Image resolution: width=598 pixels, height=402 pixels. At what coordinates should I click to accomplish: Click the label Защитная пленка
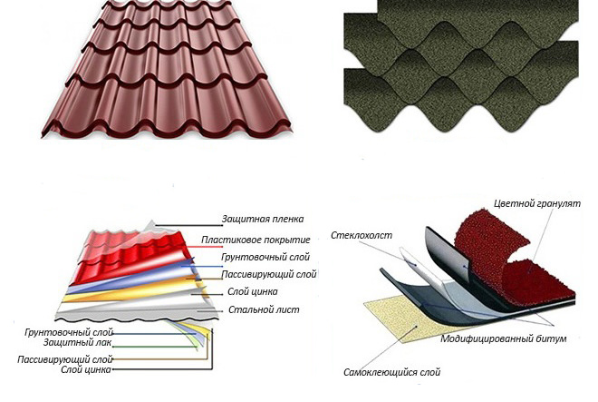(x=263, y=219)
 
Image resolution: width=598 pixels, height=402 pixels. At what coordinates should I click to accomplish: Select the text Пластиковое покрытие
(x=256, y=240)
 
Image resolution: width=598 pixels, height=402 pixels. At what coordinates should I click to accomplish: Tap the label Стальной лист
(x=264, y=309)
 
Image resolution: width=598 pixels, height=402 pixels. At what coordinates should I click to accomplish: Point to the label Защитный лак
(x=77, y=342)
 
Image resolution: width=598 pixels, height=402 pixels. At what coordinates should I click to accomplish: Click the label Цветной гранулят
(x=537, y=203)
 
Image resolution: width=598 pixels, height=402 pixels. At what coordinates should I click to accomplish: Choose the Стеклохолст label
(x=362, y=235)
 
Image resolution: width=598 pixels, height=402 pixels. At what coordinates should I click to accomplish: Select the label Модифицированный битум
(x=504, y=338)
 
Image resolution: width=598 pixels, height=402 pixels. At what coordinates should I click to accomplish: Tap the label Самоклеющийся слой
(x=392, y=372)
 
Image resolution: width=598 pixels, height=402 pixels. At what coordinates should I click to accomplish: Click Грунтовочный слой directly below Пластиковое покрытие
(x=265, y=257)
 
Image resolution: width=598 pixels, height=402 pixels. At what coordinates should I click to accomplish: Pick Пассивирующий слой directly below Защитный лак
(x=65, y=359)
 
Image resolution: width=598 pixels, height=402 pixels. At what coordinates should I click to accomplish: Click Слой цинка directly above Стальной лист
(x=253, y=292)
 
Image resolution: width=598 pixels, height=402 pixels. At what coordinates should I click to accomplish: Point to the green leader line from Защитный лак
(x=155, y=347)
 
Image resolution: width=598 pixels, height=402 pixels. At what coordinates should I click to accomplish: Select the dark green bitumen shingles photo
(x=461, y=65)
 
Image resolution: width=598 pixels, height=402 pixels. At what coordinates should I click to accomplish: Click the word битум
(x=552, y=338)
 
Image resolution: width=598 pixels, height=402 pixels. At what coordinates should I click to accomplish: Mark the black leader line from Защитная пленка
(x=188, y=226)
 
